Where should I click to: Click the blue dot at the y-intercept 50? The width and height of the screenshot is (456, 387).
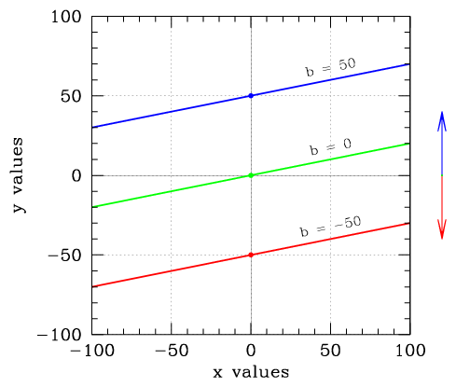coord(251,96)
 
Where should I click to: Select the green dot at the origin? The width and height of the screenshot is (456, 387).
coord(251,175)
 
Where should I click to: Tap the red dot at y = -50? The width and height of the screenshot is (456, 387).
coord(251,255)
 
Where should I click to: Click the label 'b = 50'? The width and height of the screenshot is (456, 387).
coord(330,67)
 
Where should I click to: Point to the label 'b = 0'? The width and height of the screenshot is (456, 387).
coord(330,146)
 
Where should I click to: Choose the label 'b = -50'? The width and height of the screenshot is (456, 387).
coord(330,227)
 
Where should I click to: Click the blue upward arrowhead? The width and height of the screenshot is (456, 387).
coord(442,121)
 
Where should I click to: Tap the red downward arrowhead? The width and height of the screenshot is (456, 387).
coord(442,229)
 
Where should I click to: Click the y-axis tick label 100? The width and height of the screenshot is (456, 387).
coord(66,17)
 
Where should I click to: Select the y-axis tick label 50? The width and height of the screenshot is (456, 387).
coord(71,96)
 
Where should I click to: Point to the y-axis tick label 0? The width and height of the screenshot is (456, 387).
coord(76,176)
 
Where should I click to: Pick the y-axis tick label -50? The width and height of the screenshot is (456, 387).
coord(64,256)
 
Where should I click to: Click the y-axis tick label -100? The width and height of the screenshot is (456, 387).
coord(60,335)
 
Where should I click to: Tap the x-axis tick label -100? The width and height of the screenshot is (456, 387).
coord(92,351)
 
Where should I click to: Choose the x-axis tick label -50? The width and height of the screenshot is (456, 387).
coord(172,351)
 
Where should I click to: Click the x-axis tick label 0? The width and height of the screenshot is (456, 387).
coord(251,351)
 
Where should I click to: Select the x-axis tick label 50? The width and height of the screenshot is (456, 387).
coord(330,351)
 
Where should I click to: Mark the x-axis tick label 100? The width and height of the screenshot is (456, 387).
coord(410,351)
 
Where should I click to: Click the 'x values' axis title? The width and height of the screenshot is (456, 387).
coord(251,372)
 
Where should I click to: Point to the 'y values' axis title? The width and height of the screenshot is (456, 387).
coord(19,175)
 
